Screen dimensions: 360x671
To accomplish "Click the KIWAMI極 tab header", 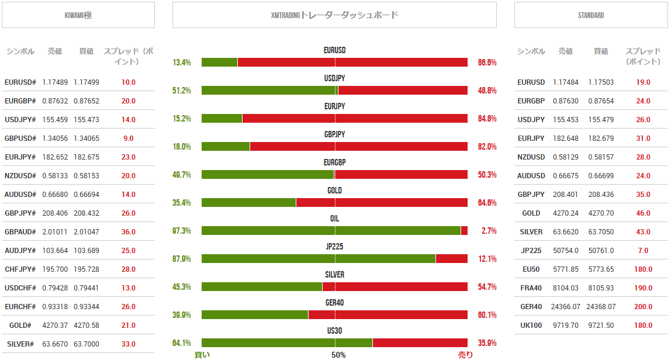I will (x=78, y=15).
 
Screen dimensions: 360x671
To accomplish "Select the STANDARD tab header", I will (x=590, y=15).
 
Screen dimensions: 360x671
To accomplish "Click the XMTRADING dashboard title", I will (x=334, y=15).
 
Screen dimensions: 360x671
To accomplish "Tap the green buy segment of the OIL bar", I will (x=331, y=231).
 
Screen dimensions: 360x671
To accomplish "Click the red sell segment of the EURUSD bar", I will (x=352, y=63).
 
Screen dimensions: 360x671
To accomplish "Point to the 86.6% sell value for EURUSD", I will (x=487, y=63).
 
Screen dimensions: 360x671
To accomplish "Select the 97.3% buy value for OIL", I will (x=182, y=231).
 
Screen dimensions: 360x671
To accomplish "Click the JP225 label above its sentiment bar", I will (x=334, y=247).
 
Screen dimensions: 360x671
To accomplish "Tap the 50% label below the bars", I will (x=338, y=355).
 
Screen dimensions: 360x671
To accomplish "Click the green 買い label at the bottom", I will (x=202, y=355).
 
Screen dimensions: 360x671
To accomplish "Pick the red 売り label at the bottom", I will (x=466, y=355).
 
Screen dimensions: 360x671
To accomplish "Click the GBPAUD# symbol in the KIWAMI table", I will (x=20, y=232).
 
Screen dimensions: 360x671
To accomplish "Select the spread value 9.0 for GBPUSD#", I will (x=129, y=139).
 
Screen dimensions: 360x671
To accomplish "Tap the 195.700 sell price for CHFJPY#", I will (x=55, y=269).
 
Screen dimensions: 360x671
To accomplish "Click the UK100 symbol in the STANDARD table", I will (x=531, y=326).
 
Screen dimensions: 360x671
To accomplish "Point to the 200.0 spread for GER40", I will (x=643, y=307).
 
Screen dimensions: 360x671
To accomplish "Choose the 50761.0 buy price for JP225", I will (x=601, y=251).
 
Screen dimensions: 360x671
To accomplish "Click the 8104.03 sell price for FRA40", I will (x=565, y=288).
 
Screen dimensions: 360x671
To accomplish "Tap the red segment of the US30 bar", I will (x=420, y=343).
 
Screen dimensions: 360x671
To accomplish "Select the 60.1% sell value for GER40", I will (x=487, y=315).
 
